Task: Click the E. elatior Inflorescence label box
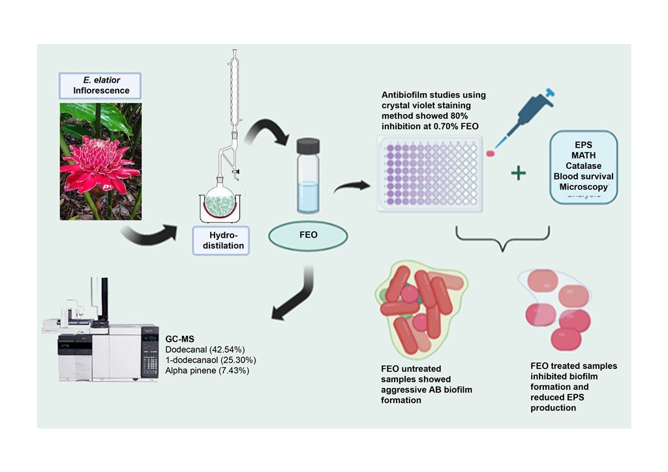tap(101, 85)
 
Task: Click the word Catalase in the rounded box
tap(583, 166)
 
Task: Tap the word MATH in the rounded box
tap(583, 155)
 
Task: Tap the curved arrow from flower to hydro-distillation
tap(150, 235)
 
